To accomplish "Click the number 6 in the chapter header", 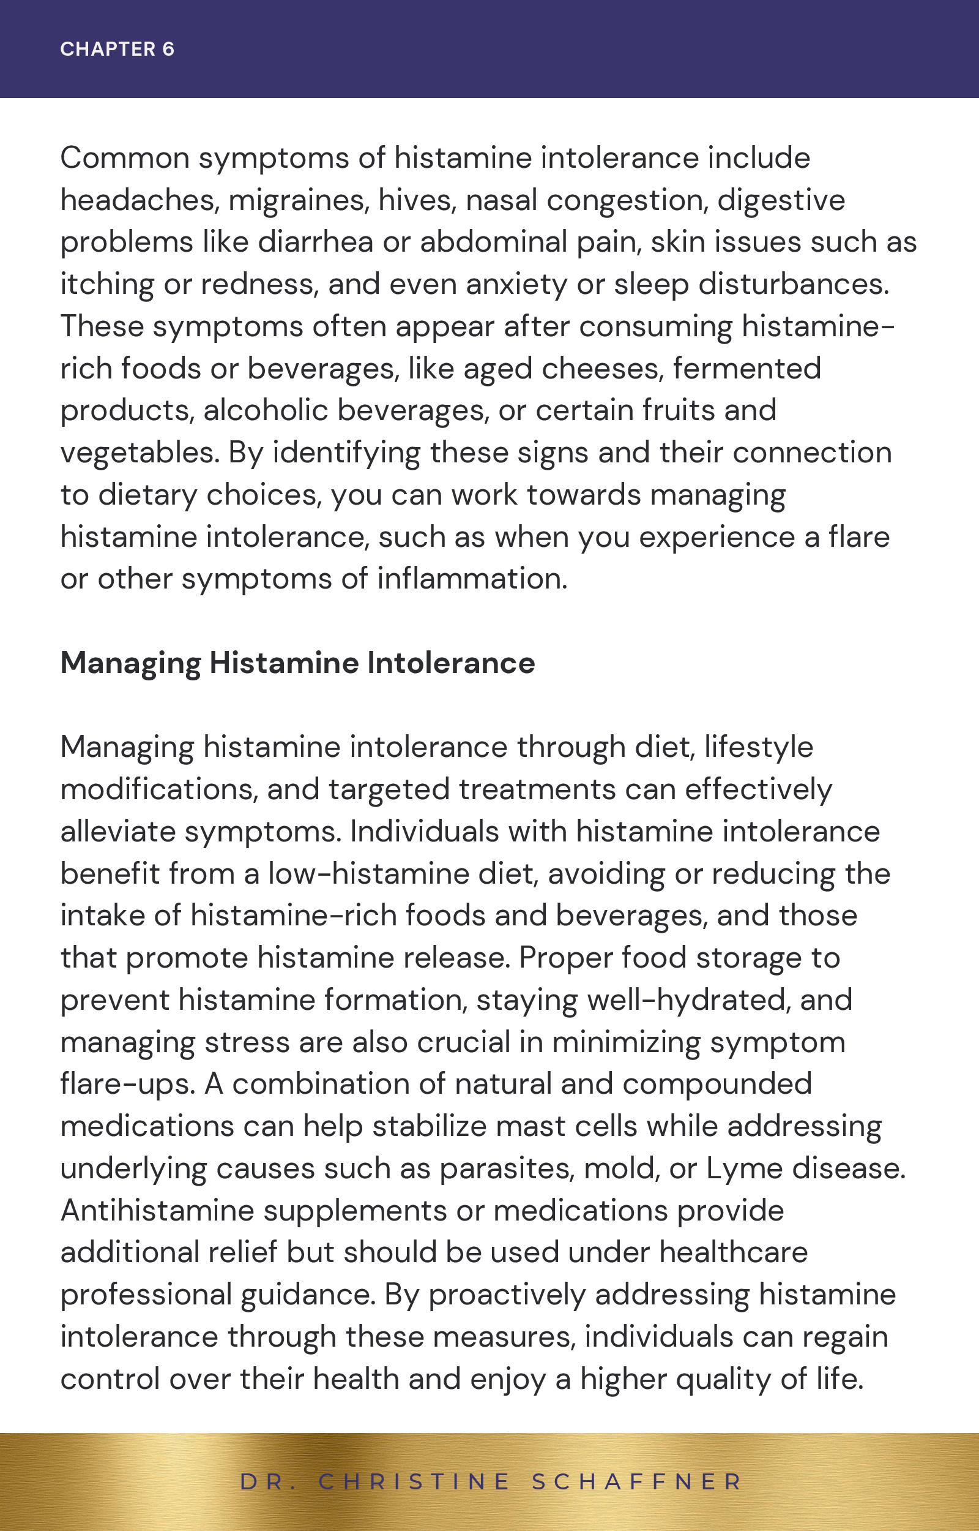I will coord(168,49).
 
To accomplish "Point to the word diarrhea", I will coord(315,243).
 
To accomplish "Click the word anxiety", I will coord(516,284).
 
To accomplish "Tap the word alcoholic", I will coord(266,410).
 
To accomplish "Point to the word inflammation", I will coord(472,579).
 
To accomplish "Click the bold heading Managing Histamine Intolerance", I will coord(297,663).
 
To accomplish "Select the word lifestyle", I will coord(758,747).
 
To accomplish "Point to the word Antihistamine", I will coord(157,1209).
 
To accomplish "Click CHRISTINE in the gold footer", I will coord(414,1481).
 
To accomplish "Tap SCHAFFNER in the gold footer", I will coord(637,1481).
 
